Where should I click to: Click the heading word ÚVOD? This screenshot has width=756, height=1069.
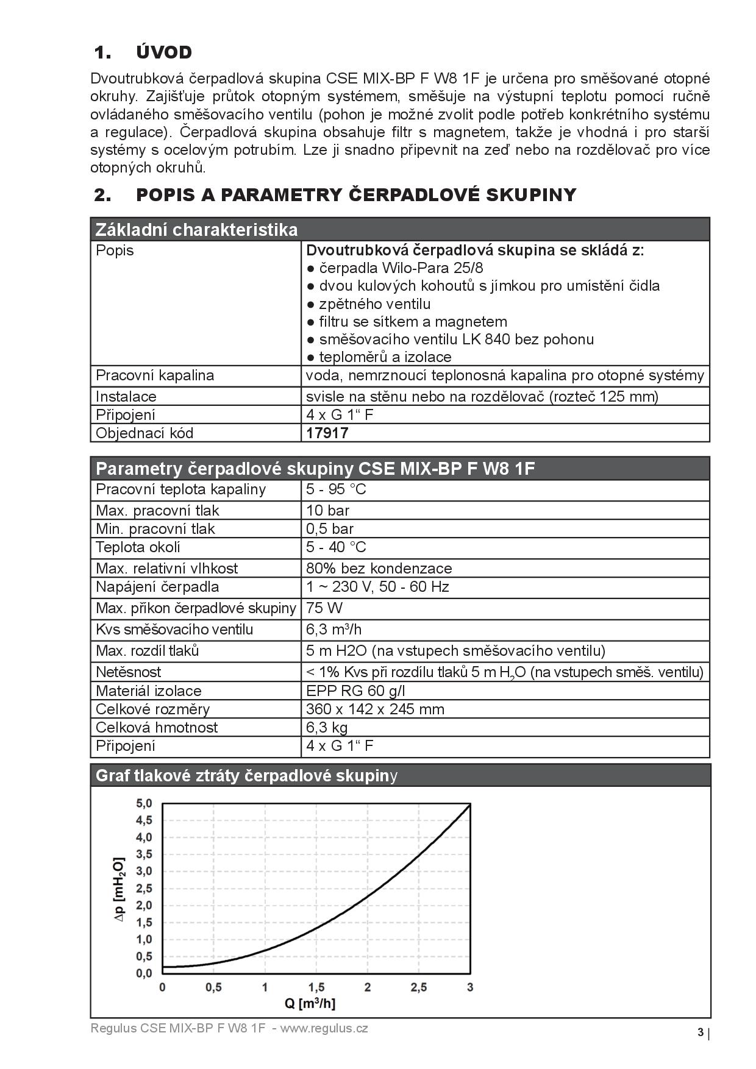(x=164, y=52)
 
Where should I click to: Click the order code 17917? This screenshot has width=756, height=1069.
(x=327, y=433)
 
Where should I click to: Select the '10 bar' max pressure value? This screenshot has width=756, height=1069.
(x=328, y=511)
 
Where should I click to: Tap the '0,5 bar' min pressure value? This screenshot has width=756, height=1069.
(x=330, y=529)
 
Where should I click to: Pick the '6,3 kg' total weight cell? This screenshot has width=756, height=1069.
(x=327, y=728)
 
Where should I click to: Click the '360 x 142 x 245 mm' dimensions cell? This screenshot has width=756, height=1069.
(x=375, y=709)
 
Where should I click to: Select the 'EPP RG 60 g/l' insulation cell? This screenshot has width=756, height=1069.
(x=355, y=691)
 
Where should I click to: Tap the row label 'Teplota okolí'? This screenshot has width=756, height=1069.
(x=138, y=547)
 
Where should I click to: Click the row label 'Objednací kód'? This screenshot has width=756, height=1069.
(x=144, y=433)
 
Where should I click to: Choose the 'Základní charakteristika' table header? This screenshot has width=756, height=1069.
(x=197, y=230)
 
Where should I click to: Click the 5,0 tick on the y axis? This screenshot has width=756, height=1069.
(x=144, y=803)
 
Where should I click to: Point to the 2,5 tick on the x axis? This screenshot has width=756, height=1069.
(x=419, y=988)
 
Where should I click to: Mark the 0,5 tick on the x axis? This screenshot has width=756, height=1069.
(x=213, y=988)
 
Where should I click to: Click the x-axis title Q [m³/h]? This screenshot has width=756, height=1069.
(x=310, y=1004)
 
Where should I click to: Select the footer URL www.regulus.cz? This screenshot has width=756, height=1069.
(x=324, y=1029)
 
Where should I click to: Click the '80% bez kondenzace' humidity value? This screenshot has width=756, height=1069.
(x=379, y=569)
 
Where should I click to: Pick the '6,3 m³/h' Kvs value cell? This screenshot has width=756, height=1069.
(x=334, y=630)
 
